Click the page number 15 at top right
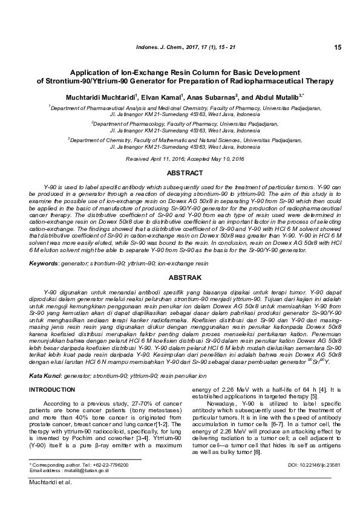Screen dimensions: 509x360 click(337, 47)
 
